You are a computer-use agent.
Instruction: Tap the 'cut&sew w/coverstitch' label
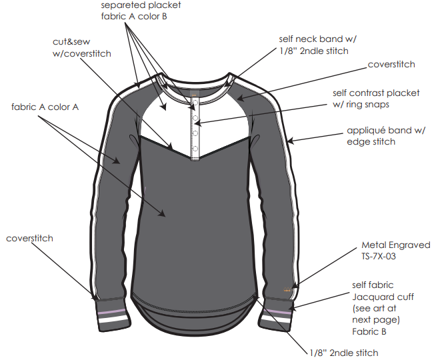(81, 47)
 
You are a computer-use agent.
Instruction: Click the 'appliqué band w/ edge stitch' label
(381, 136)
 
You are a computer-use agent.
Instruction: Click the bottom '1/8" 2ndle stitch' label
(343, 353)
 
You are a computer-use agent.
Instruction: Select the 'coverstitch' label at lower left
(29, 238)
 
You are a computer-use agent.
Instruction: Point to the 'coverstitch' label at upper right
(391, 65)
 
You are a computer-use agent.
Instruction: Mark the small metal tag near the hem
(288, 290)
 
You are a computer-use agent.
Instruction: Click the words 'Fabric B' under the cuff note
(367, 331)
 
